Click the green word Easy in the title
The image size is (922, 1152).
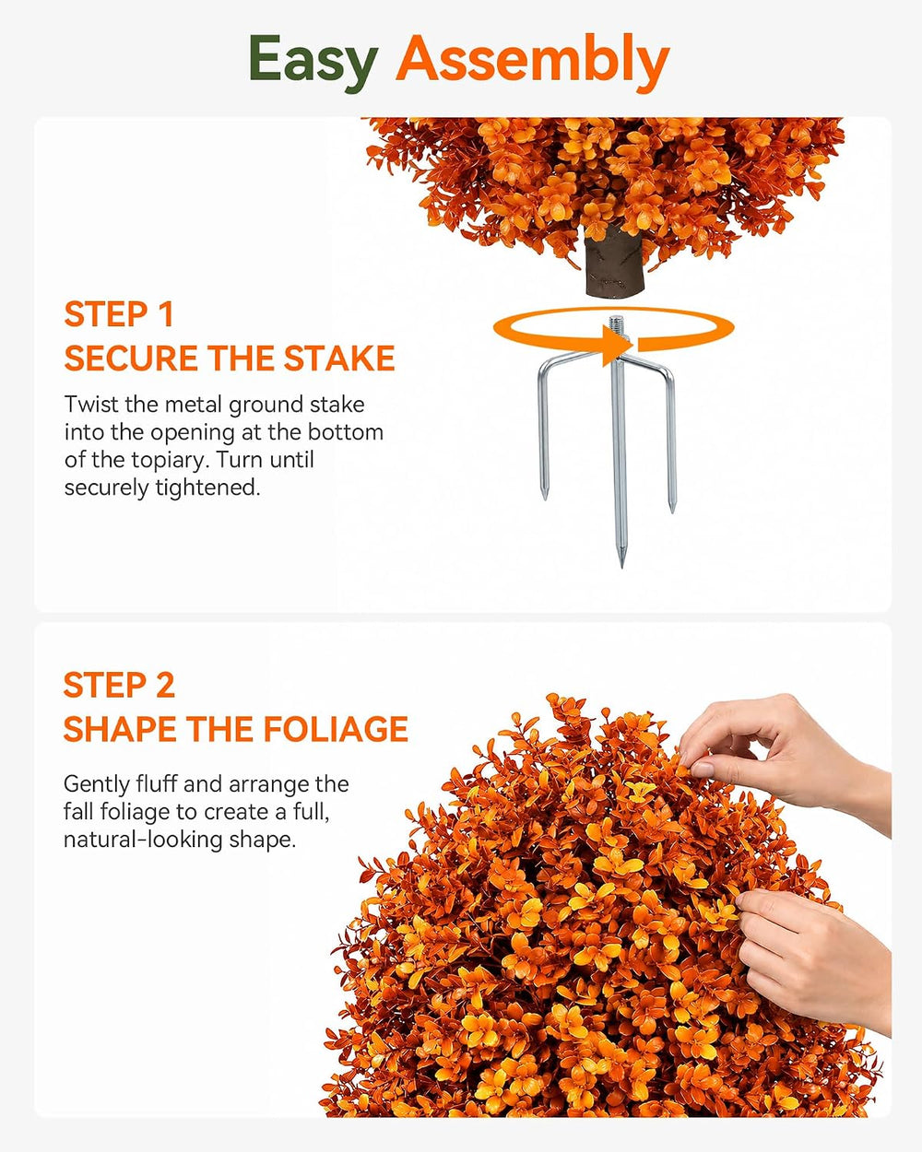pyautogui.click(x=313, y=64)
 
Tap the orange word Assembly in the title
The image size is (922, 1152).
pyautogui.click(x=533, y=64)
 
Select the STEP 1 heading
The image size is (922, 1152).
pyautogui.click(x=119, y=314)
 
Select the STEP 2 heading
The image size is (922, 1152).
pyautogui.click(x=119, y=685)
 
